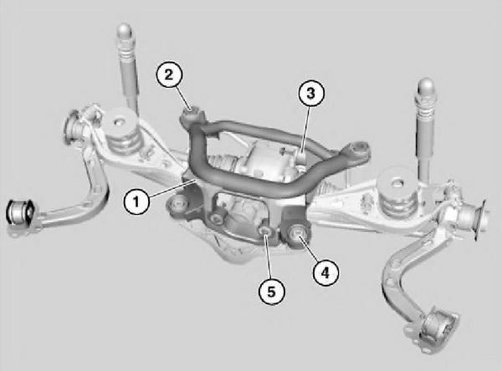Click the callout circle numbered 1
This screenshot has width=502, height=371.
(136, 202)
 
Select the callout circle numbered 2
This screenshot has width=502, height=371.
(169, 75)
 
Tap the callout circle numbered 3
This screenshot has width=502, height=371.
(311, 93)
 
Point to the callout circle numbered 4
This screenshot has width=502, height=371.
(325, 272)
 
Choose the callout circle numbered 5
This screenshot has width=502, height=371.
(271, 292)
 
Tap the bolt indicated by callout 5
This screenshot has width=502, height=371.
(264, 231)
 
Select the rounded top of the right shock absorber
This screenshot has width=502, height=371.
(426, 87)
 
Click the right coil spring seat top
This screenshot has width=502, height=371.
(397, 183)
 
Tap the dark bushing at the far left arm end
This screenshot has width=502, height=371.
(20, 212)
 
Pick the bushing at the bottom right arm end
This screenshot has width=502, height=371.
(437, 327)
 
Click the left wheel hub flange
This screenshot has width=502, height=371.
(72, 126)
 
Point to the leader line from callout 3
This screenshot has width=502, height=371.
(305, 132)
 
